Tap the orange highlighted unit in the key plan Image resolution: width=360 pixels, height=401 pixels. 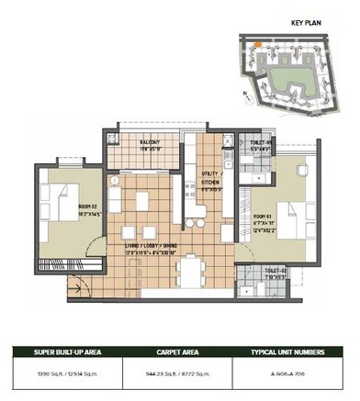(261, 43)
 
